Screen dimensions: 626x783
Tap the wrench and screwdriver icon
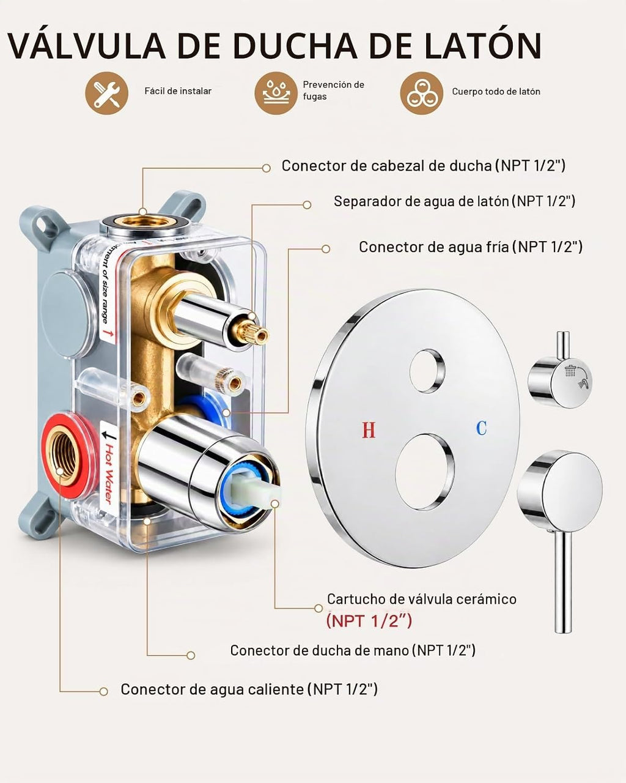tap(106, 93)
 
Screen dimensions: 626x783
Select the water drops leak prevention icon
tap(276, 93)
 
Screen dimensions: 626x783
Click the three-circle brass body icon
tap(422, 93)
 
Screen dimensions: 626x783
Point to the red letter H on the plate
tap(369, 429)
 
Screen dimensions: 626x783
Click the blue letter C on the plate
tap(482, 428)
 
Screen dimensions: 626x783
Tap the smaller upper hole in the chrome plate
tap(427, 371)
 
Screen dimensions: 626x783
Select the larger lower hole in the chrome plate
tap(425, 472)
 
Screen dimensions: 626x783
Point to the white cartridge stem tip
tap(267, 495)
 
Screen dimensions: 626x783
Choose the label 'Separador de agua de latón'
tap(421, 201)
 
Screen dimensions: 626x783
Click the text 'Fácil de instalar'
tap(178, 91)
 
